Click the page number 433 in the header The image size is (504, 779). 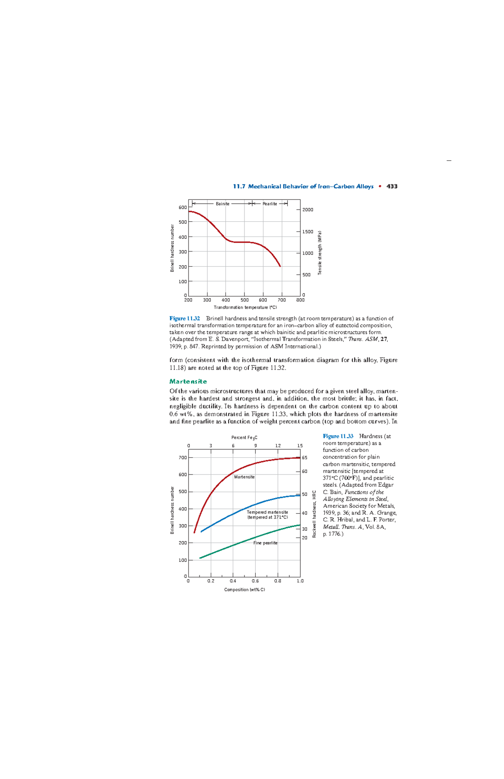392,186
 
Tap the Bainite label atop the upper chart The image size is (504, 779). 223,204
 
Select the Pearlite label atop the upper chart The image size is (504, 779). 270,204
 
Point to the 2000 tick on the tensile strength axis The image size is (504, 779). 308,210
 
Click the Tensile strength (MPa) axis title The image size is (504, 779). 320,253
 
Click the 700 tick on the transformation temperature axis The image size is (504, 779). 282,300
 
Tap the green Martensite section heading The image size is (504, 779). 188,381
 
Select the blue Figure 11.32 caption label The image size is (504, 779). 185,318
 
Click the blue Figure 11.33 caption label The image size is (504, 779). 338,436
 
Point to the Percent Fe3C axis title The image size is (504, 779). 244,438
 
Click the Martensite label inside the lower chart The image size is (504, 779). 244,477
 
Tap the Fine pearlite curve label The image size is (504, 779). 265,543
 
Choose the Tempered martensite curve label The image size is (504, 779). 268,512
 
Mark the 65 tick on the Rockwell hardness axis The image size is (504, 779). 304,458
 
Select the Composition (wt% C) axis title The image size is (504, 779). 244,590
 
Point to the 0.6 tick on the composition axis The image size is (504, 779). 255,581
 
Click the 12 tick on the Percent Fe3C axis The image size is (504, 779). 278,446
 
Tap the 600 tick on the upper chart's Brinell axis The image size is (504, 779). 182,207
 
